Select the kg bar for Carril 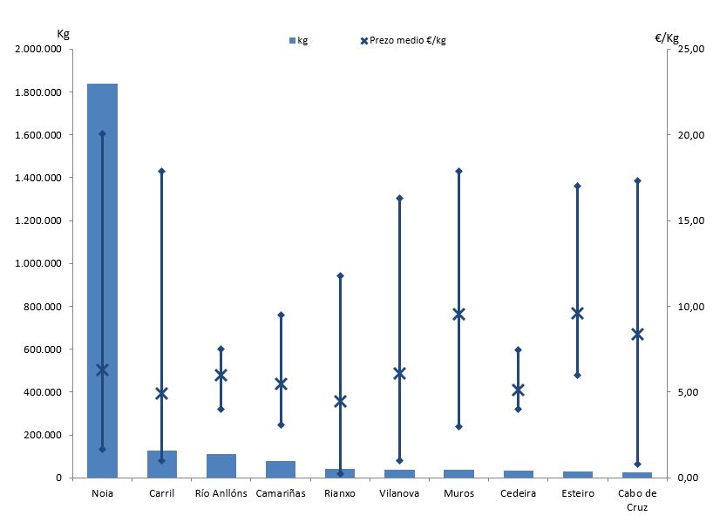pos(162,465)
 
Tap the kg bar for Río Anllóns pos(221,466)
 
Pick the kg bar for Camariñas pos(281,469)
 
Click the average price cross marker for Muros pos(459,315)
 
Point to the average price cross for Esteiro pos(578,314)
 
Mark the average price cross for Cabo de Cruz pos(637,334)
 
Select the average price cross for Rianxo pos(340,401)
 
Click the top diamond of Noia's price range pos(103,133)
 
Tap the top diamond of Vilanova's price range pos(400,198)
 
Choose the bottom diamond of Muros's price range pos(459,427)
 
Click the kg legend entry pos(298,40)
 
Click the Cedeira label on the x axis pos(519,493)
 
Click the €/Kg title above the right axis pos(667,37)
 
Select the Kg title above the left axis pos(63,34)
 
